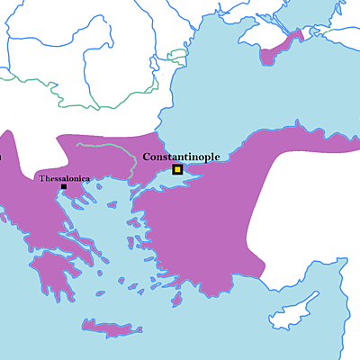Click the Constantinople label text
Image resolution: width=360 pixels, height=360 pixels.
click(181, 157)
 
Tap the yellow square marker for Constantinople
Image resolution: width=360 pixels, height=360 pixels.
click(177, 169)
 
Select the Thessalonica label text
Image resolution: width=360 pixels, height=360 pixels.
click(64, 179)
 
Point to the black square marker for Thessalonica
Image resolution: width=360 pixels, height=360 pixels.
click(63, 187)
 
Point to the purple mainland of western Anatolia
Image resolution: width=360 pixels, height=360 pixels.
click(198, 234)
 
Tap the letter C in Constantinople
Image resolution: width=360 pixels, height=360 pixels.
click(147, 157)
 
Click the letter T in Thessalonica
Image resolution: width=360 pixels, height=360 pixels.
click(41, 179)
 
